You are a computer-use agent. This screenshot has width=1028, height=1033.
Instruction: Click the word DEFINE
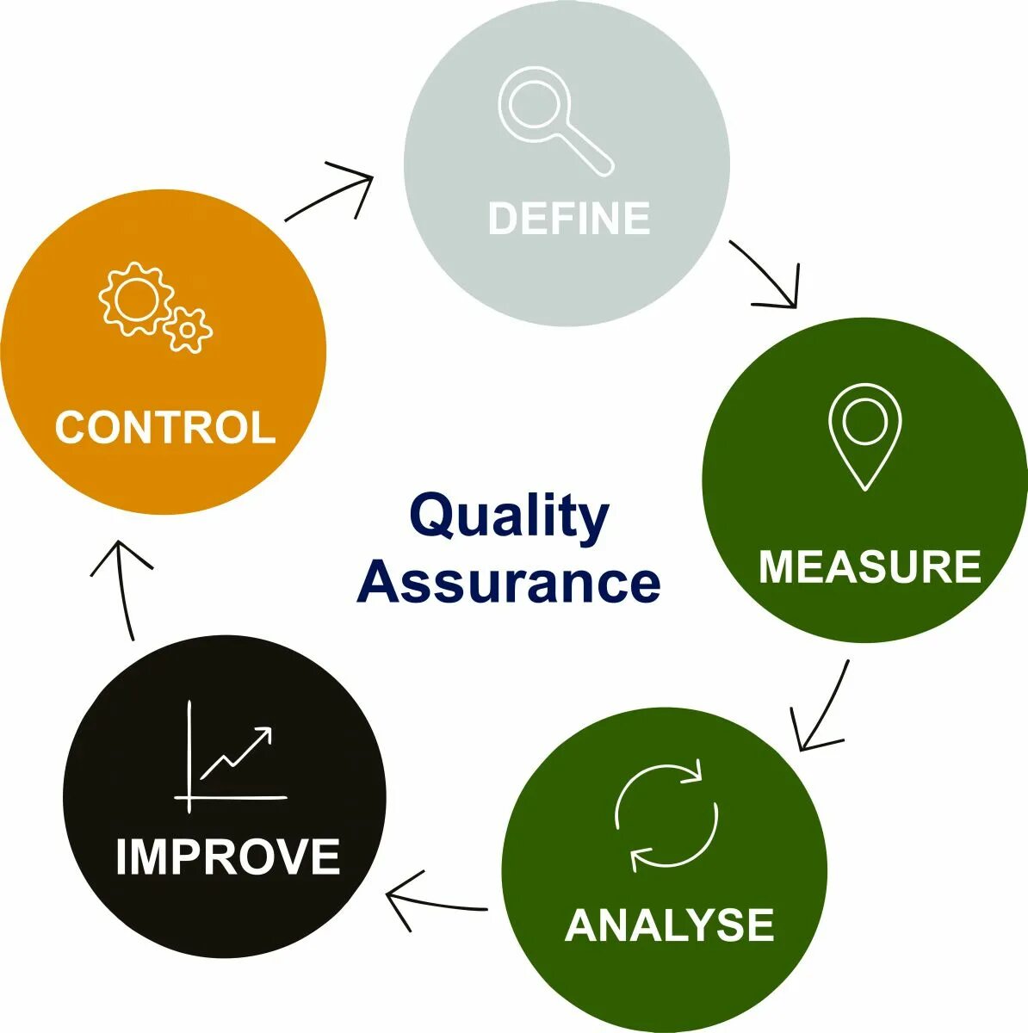pyautogui.click(x=568, y=218)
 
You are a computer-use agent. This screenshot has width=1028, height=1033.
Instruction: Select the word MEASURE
pyautogui.click(x=870, y=566)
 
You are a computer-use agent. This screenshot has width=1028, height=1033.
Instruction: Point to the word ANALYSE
pyautogui.click(x=670, y=925)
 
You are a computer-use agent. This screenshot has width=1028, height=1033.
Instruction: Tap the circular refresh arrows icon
pyautogui.click(x=666, y=814)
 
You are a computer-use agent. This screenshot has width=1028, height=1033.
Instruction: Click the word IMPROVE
pyautogui.click(x=228, y=857)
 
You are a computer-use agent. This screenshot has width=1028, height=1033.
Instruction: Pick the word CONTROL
pyautogui.click(x=164, y=427)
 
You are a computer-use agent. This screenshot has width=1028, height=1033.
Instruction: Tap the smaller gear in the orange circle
pyautogui.click(x=188, y=329)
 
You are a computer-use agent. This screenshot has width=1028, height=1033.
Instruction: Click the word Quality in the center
pyautogui.click(x=509, y=517)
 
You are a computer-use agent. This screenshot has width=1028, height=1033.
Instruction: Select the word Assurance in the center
pyautogui.click(x=509, y=583)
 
